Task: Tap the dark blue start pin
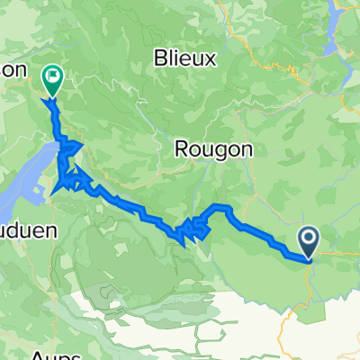pyautogui.click(x=308, y=241)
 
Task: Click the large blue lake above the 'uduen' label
pyautogui.click(x=36, y=175)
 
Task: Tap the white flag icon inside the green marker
pyautogui.click(x=52, y=77)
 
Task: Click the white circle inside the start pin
pyautogui.click(x=308, y=238)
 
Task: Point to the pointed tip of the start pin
pyautogui.click(x=308, y=260)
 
